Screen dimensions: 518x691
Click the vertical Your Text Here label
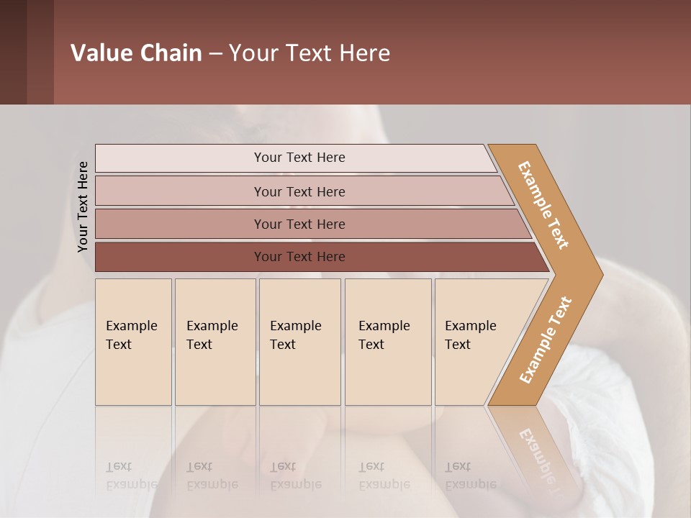[83, 206]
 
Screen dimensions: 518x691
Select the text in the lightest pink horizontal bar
[299, 158]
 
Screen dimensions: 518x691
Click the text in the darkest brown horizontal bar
[299, 257]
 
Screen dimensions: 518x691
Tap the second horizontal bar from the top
[299, 191]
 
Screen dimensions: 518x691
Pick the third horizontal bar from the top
[299, 224]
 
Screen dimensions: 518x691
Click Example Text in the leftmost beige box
[131, 335]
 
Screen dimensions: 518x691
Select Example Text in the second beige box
[212, 335]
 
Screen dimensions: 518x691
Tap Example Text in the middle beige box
[295, 335]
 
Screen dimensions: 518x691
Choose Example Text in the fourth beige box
[384, 335]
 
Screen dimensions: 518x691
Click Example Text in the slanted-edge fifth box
[470, 335]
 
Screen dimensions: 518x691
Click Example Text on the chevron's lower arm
[545, 340]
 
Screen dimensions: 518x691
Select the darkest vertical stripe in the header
[13, 52]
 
